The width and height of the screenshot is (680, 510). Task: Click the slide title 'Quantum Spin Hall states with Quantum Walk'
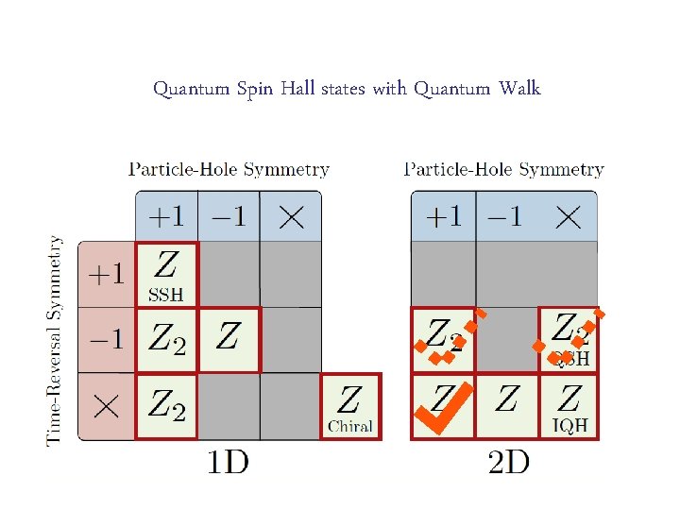[347, 89]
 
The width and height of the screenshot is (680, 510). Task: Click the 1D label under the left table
[228, 462]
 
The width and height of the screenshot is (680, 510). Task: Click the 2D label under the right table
[508, 462]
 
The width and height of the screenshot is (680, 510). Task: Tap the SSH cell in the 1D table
[167, 274]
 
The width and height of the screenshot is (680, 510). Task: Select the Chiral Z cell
[350, 407]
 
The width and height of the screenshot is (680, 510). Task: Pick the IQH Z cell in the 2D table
[569, 407]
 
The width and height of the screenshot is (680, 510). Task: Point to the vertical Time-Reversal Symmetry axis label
[57, 340]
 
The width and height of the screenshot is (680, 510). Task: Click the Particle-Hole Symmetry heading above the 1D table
[229, 170]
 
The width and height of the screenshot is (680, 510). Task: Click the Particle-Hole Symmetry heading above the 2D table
[504, 170]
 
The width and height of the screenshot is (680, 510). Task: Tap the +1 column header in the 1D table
[166, 217]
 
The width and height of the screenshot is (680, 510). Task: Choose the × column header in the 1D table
[290, 217]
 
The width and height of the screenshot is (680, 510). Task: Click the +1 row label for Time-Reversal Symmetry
[106, 275]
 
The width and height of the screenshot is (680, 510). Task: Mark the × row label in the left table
[106, 407]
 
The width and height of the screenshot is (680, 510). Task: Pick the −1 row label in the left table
[106, 340]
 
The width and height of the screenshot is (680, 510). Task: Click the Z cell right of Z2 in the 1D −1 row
[228, 340]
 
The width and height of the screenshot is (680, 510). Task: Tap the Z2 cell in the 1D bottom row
[167, 407]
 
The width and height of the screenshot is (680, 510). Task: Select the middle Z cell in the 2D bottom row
[506, 407]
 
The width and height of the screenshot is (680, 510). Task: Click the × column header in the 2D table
[567, 217]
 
